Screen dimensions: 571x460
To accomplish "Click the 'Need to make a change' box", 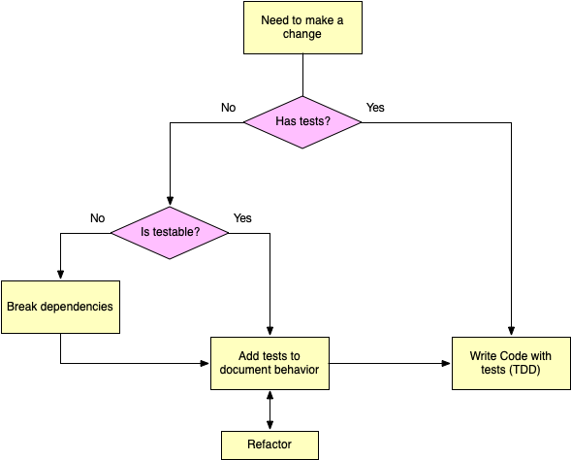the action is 302,28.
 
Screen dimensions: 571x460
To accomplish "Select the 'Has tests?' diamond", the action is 302,122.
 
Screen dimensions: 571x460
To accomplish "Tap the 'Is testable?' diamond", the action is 170,233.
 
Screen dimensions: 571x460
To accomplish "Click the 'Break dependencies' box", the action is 60,307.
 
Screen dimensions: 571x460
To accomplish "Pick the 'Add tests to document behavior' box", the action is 270,363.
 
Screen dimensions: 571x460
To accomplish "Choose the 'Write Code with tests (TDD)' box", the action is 511,363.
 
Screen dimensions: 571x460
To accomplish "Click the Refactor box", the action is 270,445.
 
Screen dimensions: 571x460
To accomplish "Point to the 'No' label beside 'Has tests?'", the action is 229,108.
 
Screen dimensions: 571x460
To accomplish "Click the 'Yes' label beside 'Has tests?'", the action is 375,108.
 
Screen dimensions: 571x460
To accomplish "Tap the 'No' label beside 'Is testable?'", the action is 98,218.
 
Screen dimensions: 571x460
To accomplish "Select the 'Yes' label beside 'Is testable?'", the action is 242,218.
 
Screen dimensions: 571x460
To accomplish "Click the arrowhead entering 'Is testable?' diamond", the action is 170,201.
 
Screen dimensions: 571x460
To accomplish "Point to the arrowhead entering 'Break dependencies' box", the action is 60,275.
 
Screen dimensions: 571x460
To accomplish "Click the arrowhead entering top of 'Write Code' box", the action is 511,331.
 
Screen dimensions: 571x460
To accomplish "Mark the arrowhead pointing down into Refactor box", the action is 270,425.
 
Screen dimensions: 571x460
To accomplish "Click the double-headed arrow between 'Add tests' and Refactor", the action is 270,411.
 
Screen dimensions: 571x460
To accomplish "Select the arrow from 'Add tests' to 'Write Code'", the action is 391,363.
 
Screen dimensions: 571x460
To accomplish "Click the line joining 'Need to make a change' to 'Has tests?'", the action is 303,75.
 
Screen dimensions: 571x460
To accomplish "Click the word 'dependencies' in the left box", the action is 77,307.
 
